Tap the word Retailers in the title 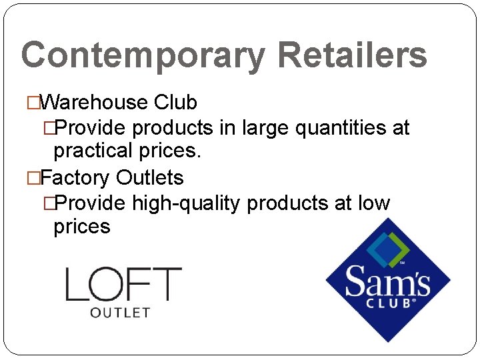click(x=351, y=54)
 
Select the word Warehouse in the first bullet click(x=93, y=102)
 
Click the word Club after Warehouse click(x=175, y=102)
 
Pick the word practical click(x=93, y=151)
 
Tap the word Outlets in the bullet click(x=149, y=178)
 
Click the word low click(x=374, y=203)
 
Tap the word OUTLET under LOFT click(x=119, y=312)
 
